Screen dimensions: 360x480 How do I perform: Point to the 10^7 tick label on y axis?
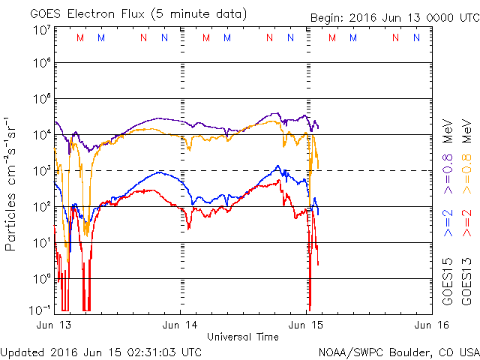click(x=41, y=28)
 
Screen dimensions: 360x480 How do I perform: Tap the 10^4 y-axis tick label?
click(x=41, y=135)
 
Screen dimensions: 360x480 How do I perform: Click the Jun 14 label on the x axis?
click(x=180, y=325)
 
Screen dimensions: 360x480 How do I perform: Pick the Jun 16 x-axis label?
click(x=430, y=325)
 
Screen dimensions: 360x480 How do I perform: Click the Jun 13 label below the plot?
click(x=55, y=325)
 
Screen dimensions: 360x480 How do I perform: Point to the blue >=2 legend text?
click(x=448, y=223)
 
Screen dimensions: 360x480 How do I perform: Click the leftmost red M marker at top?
click(x=80, y=37)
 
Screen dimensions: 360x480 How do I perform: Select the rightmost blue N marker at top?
click(x=416, y=37)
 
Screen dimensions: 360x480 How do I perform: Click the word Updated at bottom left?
click(x=22, y=351)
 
